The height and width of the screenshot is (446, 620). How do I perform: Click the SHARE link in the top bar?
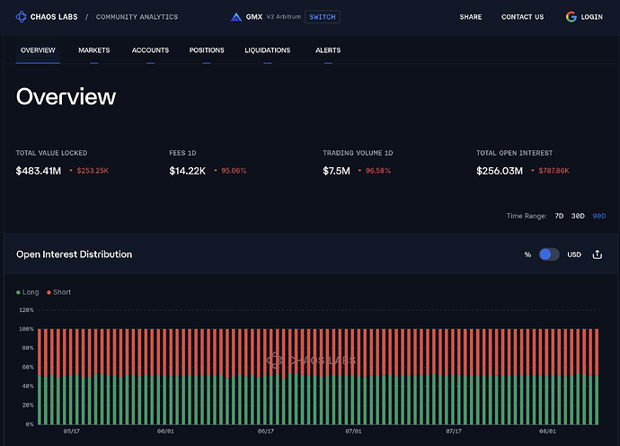pos(470,17)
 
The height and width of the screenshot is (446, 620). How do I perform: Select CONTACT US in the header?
pos(522,17)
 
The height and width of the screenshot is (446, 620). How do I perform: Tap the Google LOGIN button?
pos(585,17)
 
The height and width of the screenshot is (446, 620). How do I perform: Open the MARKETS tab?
pos(93,50)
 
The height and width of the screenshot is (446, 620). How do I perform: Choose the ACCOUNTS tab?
pos(150,50)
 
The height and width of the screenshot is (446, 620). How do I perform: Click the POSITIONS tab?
pos(207,50)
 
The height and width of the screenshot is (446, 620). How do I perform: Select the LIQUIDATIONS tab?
pos(267,50)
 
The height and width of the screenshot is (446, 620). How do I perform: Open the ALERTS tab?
pos(328,50)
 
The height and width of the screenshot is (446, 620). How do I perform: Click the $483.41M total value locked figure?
pos(39,171)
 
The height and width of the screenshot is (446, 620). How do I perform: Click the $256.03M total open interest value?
pos(499,171)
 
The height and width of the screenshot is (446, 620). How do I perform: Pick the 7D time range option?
pos(559,216)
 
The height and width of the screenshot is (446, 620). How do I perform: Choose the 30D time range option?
pos(579,216)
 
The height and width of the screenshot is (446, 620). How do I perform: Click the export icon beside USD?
pos(598,254)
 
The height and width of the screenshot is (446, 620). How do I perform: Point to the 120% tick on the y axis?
pos(25,310)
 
